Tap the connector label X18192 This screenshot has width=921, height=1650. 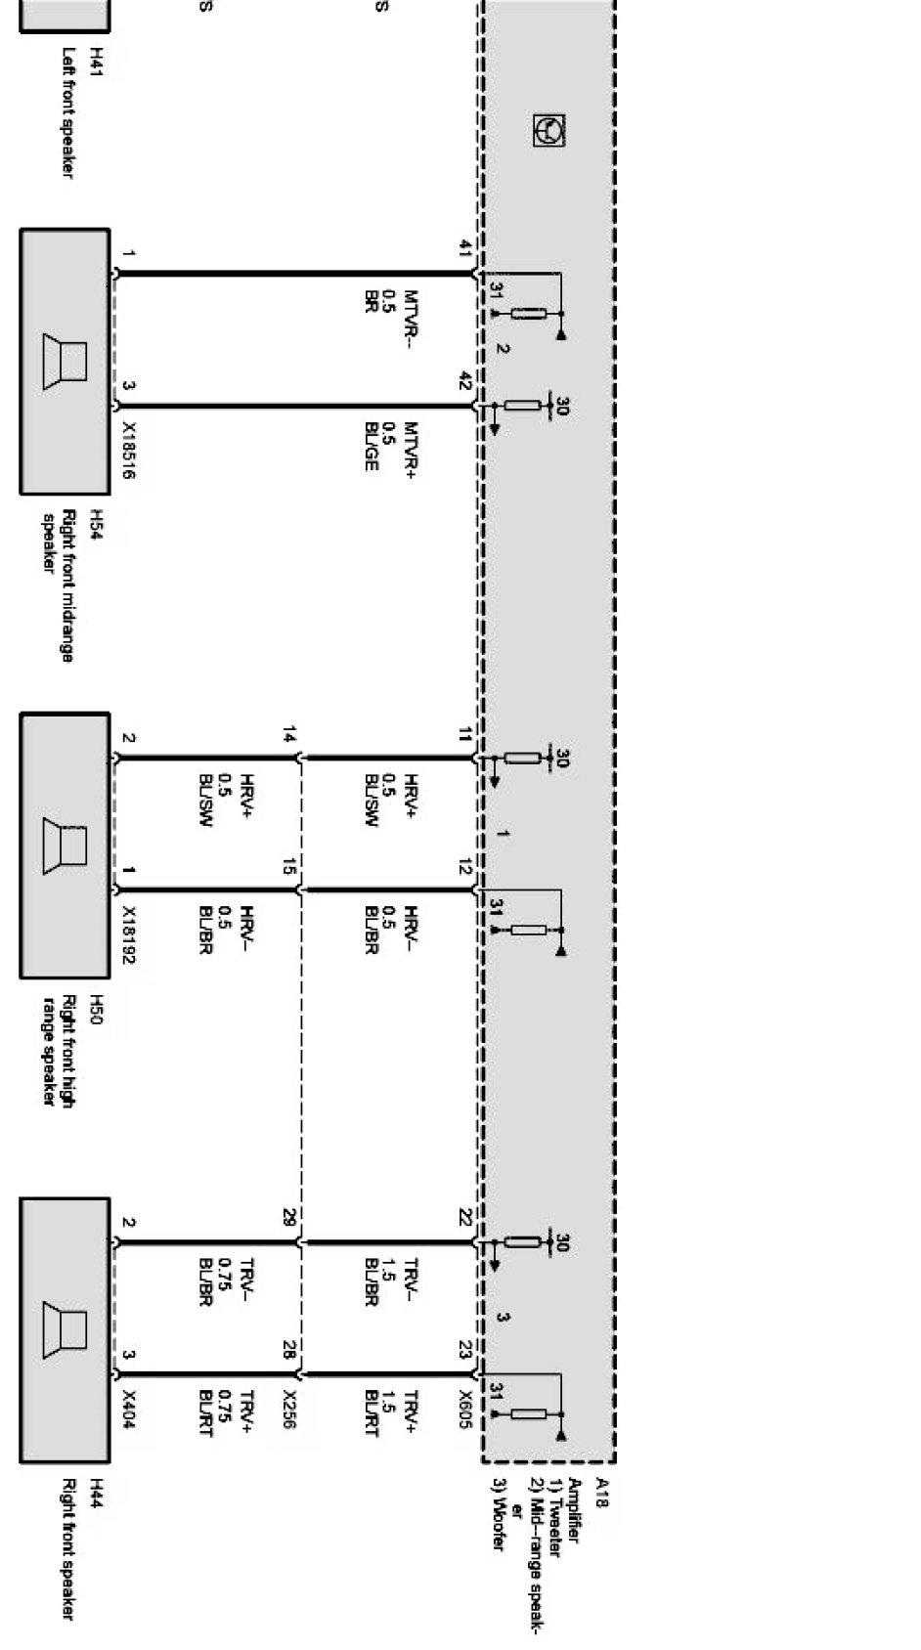tap(128, 934)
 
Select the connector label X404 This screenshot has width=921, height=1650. tap(128, 1406)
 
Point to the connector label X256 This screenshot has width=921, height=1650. tap(288, 1409)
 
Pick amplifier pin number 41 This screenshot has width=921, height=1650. tap(465, 249)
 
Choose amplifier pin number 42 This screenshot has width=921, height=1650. tap(465, 382)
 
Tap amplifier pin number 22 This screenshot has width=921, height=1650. tap(465, 1217)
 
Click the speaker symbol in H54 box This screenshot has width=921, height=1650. tap(65, 362)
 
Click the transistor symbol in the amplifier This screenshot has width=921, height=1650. tap(549, 130)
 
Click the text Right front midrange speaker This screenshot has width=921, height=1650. tap(59, 585)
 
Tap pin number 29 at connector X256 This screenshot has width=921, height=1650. tap(288, 1217)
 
